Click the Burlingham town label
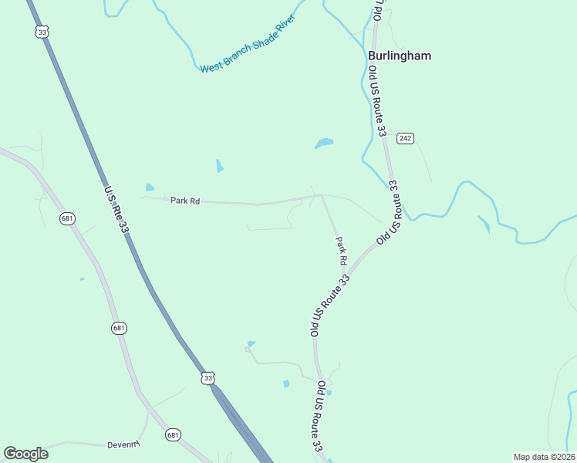pos(399,56)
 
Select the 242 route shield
pos(406,138)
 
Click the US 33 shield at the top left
pos(42,32)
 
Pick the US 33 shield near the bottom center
pos(207,377)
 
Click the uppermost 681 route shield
pos(68,219)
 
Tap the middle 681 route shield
pos(118,328)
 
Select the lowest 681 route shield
pos(173,435)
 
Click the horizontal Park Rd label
pos(186,201)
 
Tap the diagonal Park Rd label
pos(340,252)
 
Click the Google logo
pos(25,454)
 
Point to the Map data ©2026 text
pos(544,456)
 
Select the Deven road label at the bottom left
pos(123,445)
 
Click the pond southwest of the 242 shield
pos(324,144)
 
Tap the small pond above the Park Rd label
pos(149,187)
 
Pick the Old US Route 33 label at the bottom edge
pos(319,424)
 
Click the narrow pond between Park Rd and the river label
pos(220,165)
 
